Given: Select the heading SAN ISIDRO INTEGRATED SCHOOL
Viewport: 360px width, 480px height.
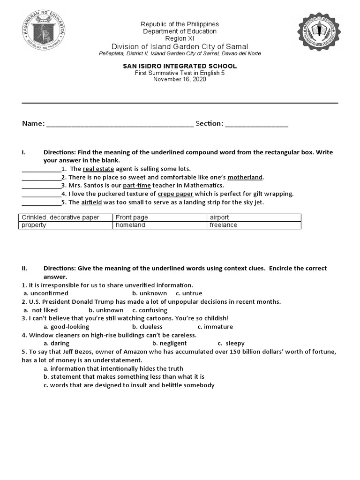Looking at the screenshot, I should tap(180, 66).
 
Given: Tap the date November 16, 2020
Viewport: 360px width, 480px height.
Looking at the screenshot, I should tap(180, 79).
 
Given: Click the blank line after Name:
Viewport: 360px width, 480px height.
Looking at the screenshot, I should tap(120, 125).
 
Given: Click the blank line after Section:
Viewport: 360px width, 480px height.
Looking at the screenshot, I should tap(256, 125).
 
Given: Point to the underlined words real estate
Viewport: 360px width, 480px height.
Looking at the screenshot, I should tap(98, 169).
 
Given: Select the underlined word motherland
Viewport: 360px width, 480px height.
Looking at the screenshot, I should tap(245, 177).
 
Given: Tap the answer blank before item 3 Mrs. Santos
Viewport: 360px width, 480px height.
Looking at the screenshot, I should tap(41, 186).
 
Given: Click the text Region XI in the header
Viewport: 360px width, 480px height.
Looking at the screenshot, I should tap(180, 38).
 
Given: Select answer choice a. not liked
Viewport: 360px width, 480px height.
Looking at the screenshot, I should tap(41, 310).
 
